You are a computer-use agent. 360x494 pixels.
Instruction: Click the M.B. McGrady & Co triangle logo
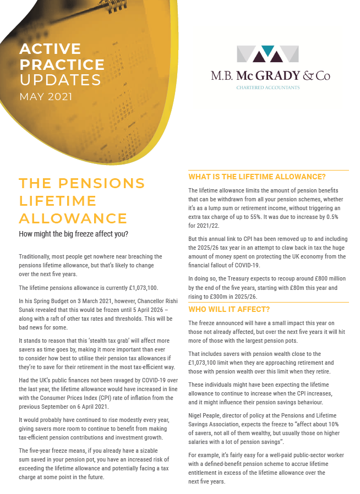pos(268,54)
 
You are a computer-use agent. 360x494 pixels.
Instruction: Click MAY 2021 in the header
pos(46,97)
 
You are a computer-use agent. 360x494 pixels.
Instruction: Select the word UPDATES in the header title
pos(61,80)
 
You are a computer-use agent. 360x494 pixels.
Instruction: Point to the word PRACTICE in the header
pos(62,64)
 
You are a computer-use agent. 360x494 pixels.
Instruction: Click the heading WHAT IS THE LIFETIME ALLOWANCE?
pos(257,177)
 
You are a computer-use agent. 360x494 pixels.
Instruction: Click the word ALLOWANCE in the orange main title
pos(73,218)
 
